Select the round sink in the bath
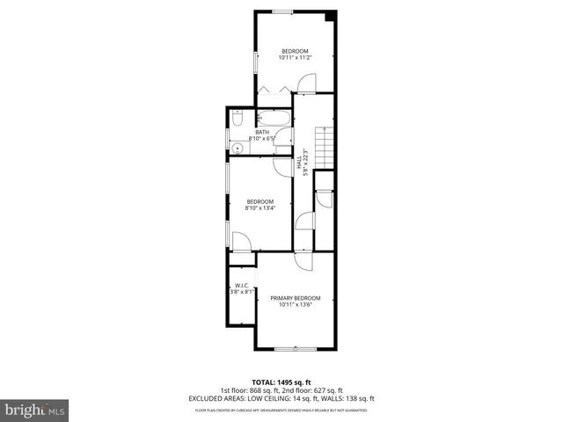(x=238, y=147)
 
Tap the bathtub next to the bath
(x=274, y=119)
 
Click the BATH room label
(x=262, y=132)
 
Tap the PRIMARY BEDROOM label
(x=295, y=298)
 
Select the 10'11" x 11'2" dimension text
(x=295, y=58)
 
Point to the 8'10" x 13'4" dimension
(x=260, y=207)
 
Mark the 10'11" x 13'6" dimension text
(x=295, y=305)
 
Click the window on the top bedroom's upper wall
(x=283, y=11)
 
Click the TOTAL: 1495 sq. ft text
(x=281, y=382)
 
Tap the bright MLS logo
(x=35, y=410)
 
